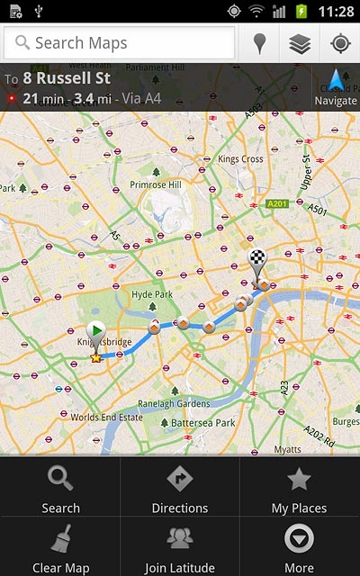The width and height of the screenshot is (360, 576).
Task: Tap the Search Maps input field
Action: [x=121, y=42]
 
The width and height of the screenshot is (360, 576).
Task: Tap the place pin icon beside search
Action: [x=259, y=42]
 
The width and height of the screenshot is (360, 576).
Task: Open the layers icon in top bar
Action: [x=300, y=42]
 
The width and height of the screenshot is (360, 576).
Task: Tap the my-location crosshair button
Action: [x=340, y=42]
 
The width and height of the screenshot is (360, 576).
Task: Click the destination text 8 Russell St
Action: [x=66, y=78]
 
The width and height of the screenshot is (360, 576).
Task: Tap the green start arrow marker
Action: [x=97, y=331]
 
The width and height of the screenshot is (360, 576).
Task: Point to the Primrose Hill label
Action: [x=157, y=184]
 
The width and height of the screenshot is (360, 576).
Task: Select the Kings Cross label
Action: [x=239, y=159]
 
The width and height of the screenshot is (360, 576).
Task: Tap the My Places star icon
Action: [x=299, y=480]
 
